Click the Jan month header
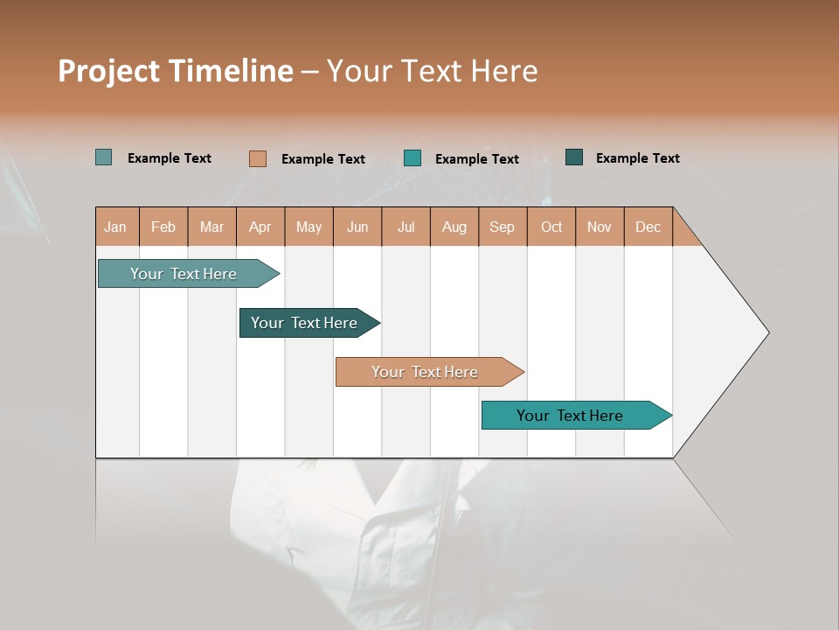pos(116,227)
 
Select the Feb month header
pos(163,227)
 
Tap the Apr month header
pos(260,227)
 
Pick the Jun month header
pos(357,227)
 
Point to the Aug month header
pos(454,227)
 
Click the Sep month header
pos(503,227)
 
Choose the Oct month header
pos(551,227)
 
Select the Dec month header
pos(648,227)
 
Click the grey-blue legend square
pos(104,157)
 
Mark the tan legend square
pos(258,158)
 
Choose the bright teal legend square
pos(413,158)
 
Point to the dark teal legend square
pos(574,157)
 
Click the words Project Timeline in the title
pos(176,71)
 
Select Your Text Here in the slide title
pos(433,71)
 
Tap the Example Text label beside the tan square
pos(323,159)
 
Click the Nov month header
pos(600,227)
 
